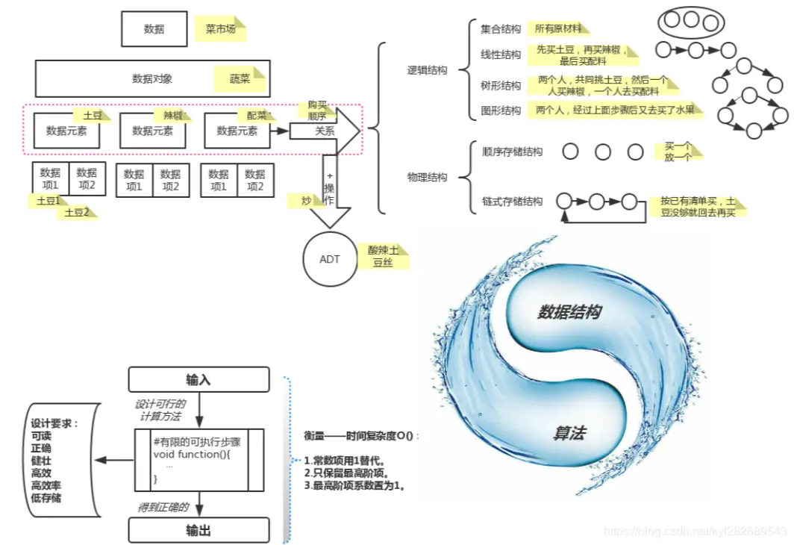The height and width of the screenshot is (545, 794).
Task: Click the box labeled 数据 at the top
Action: pos(154,29)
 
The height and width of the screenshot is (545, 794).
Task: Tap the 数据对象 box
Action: pos(152,78)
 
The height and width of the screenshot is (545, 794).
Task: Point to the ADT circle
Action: pos(329,259)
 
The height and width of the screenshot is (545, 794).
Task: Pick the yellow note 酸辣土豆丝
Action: pos(383,256)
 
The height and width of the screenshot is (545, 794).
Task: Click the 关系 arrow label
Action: pos(325,131)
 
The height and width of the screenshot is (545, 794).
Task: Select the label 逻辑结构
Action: pos(427,70)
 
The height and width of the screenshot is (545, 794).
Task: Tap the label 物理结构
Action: pos(427,177)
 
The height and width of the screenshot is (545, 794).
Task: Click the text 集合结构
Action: pos(501,30)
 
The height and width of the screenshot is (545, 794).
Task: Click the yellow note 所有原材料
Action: pos(557,29)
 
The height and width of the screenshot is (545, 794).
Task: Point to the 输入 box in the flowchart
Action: pos(198,379)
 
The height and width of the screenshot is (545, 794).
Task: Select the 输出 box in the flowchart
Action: pos(198,530)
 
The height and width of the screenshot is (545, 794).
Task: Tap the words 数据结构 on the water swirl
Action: pos(569,312)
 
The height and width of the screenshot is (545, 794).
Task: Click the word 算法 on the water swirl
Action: pos(569,433)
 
